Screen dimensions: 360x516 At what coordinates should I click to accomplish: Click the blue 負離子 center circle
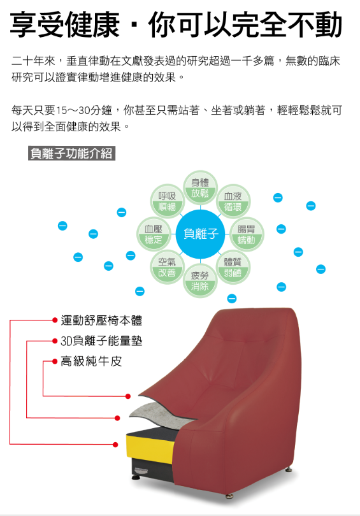[200, 234]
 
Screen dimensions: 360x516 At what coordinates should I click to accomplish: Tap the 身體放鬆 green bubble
[200, 187]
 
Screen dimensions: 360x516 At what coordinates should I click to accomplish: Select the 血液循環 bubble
[233, 201]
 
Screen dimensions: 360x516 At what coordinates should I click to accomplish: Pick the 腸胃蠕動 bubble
[247, 234]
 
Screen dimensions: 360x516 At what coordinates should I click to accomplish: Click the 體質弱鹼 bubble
[233, 267]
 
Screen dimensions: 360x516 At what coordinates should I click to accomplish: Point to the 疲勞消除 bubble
[200, 281]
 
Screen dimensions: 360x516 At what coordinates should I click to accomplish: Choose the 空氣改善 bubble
[167, 267]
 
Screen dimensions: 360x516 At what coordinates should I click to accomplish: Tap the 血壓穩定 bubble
[154, 234]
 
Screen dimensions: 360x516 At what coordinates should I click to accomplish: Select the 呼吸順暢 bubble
[167, 201]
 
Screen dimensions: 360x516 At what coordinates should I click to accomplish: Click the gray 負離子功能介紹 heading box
[72, 154]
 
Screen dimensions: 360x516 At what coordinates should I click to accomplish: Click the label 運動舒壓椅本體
[101, 320]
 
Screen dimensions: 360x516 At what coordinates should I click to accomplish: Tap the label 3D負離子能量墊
[101, 341]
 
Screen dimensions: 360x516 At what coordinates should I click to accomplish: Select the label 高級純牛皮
[91, 361]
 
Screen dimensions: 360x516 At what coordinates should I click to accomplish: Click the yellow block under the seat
[150, 448]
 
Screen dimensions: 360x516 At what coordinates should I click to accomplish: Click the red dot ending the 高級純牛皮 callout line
[128, 396]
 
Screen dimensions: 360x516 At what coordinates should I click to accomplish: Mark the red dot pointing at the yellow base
[115, 445]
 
